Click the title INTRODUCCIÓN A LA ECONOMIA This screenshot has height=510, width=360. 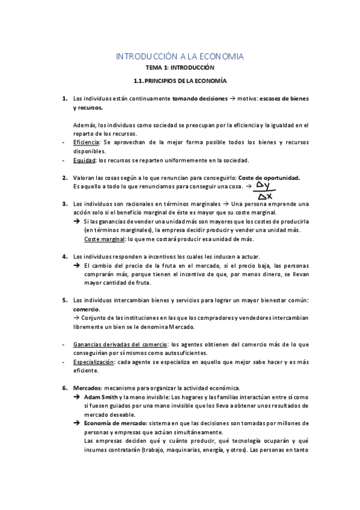pos(180,57)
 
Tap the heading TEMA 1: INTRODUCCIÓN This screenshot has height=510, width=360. pos(180,69)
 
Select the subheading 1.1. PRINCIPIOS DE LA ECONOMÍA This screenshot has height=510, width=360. pos(180,81)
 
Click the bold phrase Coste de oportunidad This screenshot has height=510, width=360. pos(269,178)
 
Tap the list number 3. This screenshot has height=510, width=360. pos(64,204)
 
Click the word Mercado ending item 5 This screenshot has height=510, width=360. pos(182,327)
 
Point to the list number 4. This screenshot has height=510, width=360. pos(64,256)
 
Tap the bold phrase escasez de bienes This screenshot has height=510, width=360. pos(283,98)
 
